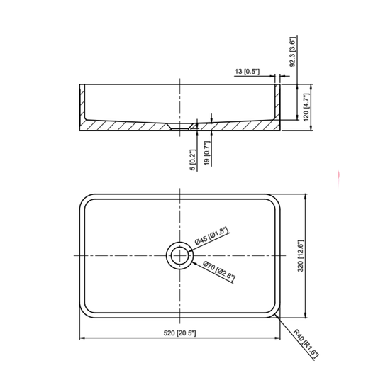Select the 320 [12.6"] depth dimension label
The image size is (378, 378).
301,255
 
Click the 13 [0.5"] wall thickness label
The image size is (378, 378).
248,72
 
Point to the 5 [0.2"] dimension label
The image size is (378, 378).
193,160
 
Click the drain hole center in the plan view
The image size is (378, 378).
180,255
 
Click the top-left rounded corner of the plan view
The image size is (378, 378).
84,200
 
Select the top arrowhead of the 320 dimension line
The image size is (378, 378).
305,196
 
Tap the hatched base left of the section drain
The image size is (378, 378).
128,127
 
